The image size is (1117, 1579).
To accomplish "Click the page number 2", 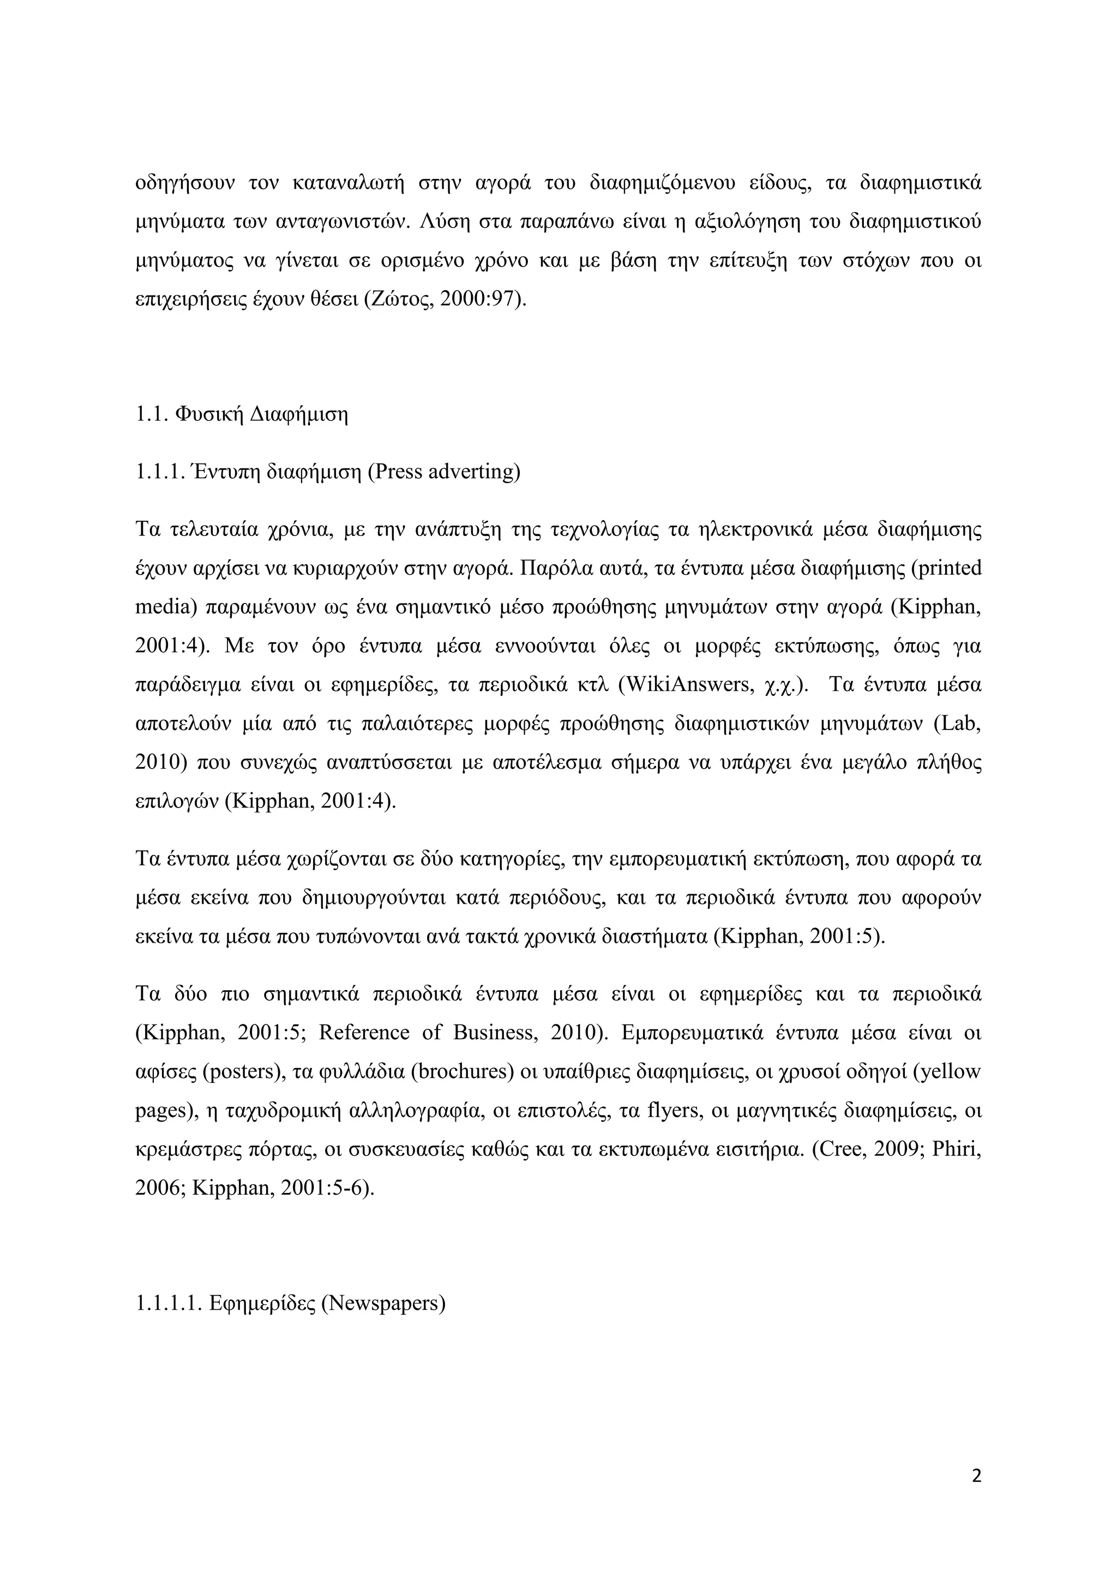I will pos(976,1476).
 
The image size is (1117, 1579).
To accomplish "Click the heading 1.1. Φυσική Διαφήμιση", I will pos(242,415).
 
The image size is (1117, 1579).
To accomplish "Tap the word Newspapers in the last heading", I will pos(383,1303).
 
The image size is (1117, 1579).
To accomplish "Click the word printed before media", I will pos(948,569).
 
